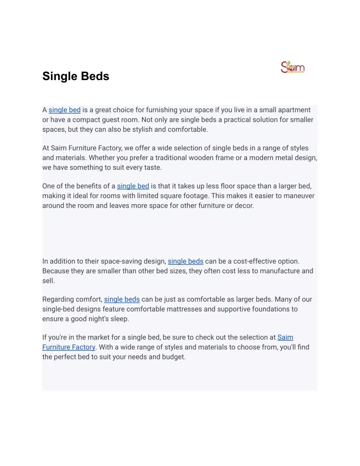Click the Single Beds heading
click(75, 77)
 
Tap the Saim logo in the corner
click(293, 68)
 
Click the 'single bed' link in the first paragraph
click(64, 110)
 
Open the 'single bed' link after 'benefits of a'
click(133, 186)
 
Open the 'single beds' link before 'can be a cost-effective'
click(185, 261)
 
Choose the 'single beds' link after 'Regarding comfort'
click(121, 299)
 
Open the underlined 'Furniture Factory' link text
click(68, 347)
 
